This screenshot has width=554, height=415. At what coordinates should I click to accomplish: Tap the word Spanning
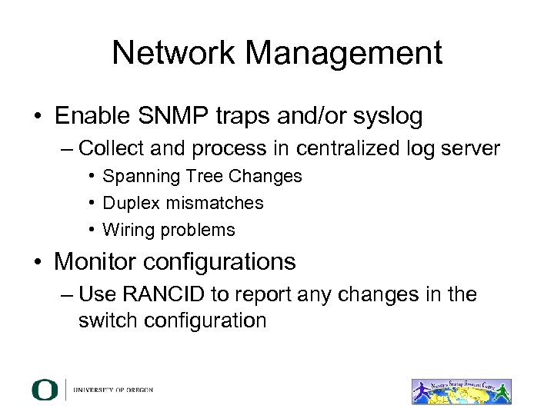pyautogui.click(x=135, y=177)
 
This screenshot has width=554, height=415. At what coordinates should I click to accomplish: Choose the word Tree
pyautogui.click(x=189, y=176)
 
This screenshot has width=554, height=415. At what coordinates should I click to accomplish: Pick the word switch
pyautogui.click(x=102, y=320)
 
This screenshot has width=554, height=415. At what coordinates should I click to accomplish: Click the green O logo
pyautogui.click(x=45, y=390)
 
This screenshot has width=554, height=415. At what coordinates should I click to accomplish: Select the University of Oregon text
pyautogui.click(x=114, y=390)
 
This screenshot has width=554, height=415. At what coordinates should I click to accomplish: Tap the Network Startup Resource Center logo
pyautogui.click(x=462, y=390)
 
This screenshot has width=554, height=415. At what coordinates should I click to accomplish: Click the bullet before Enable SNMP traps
pyautogui.click(x=37, y=118)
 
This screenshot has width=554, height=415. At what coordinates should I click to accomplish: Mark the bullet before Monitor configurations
pyautogui.click(x=37, y=262)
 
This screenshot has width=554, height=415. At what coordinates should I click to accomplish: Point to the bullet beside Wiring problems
pyautogui.click(x=92, y=230)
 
